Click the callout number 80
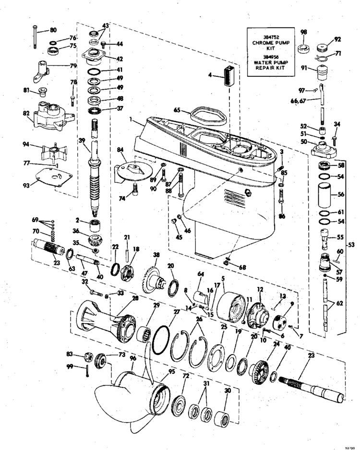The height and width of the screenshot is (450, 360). point(53,30)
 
